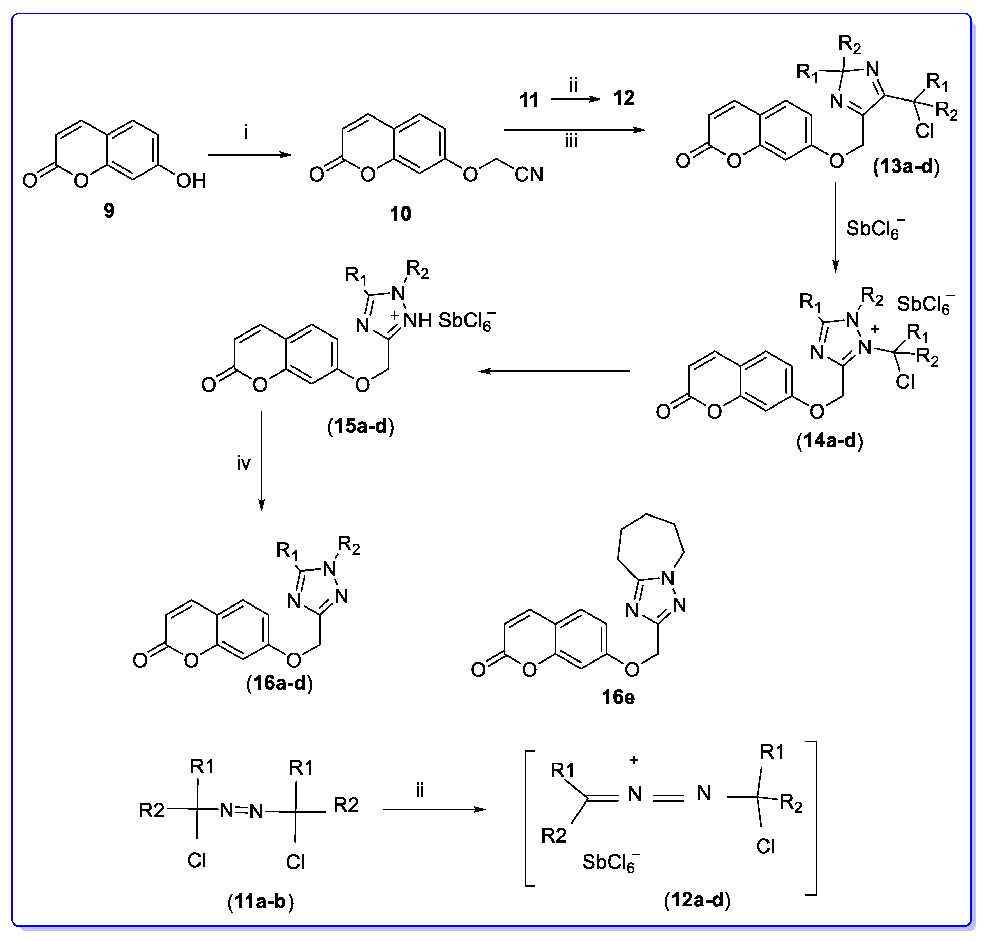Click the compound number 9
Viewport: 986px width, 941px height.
[x=109, y=211]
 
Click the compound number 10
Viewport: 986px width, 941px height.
[x=400, y=214]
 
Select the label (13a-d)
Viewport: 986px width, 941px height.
[x=906, y=166]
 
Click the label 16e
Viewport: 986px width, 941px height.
[x=618, y=697]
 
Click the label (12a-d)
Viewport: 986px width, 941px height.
[x=697, y=900]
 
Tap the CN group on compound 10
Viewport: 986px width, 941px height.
[x=529, y=175]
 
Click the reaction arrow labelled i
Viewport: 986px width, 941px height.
[x=249, y=155]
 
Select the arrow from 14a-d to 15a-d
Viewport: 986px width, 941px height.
[x=554, y=371]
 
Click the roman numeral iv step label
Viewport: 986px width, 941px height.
[x=244, y=463]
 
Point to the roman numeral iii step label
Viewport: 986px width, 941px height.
[x=571, y=142]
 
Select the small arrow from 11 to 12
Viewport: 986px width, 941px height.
[x=575, y=99]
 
